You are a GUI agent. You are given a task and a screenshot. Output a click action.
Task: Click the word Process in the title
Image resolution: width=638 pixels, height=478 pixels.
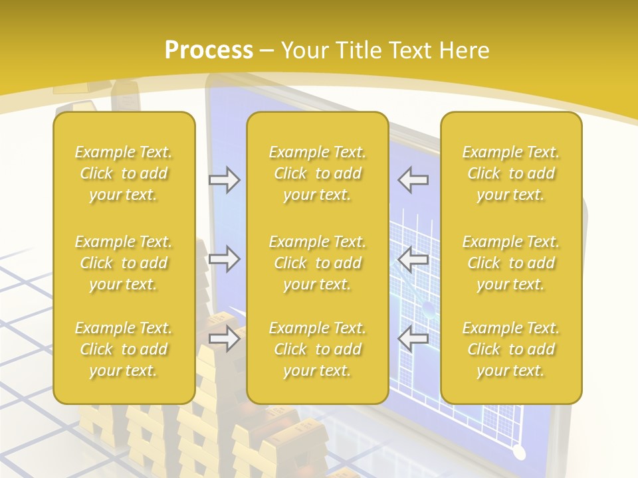tap(209, 50)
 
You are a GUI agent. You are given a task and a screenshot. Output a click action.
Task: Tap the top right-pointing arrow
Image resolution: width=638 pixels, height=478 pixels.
tap(225, 180)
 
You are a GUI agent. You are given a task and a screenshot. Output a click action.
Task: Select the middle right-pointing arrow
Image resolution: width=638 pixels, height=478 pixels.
tap(225, 259)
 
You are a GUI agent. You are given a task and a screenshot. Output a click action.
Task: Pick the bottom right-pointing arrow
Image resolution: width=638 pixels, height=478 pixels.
tap(225, 339)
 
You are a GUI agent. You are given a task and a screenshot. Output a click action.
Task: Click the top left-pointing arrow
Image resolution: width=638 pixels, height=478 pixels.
tap(413, 180)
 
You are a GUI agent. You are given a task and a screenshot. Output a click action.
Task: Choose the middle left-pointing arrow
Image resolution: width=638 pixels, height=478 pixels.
tap(413, 259)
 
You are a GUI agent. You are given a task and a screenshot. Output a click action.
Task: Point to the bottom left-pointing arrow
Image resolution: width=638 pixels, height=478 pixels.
tap(413, 339)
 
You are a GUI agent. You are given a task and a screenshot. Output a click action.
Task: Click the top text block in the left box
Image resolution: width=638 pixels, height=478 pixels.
tap(124, 173)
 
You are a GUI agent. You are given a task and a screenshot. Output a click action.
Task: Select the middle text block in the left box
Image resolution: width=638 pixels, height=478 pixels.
tap(124, 263)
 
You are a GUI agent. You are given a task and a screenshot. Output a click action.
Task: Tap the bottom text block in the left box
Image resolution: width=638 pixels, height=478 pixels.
tap(124, 349)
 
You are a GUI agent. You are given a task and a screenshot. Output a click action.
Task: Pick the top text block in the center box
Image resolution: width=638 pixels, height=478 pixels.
tap(317, 173)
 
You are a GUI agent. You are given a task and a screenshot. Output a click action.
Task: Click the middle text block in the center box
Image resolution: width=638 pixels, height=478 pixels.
tap(317, 263)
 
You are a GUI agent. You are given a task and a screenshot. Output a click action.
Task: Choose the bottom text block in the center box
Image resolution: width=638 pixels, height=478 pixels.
tap(317, 349)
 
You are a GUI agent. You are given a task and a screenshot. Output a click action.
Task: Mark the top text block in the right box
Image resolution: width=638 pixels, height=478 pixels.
tap(510, 173)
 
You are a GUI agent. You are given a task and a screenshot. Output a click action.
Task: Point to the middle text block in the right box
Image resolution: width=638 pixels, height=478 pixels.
tap(510, 263)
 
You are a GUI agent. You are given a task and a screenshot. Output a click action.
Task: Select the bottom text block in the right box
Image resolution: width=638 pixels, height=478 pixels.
tap(510, 349)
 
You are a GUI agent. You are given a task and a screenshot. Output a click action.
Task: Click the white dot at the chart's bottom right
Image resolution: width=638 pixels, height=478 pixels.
tap(518, 453)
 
